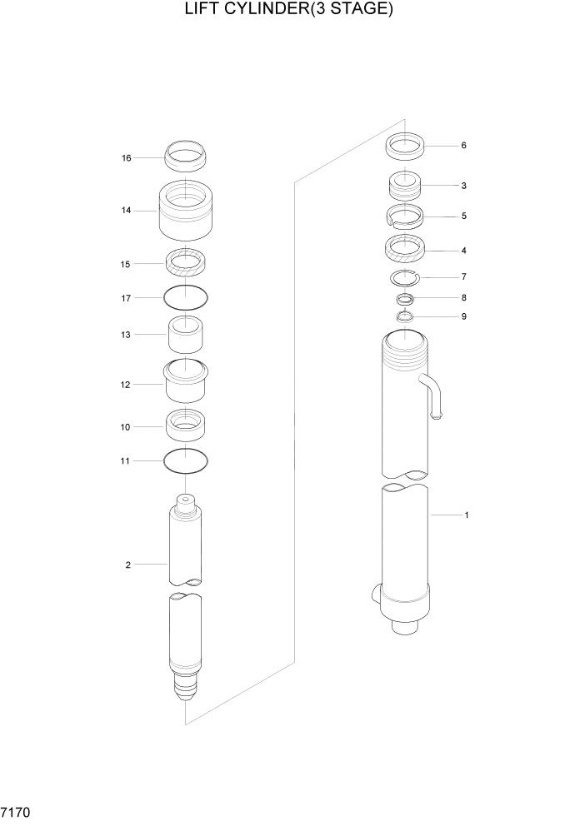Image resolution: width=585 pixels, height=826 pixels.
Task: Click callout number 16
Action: [x=127, y=157]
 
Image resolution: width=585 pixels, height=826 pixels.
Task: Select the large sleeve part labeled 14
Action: [x=186, y=211]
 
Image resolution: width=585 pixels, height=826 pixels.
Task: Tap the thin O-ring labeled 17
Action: [x=186, y=296]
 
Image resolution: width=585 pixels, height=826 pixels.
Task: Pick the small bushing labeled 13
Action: [x=186, y=335]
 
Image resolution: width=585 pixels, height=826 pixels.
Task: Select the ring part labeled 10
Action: [x=186, y=425]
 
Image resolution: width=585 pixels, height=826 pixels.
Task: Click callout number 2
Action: [x=127, y=565]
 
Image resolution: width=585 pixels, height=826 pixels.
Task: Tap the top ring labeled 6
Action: [x=406, y=147]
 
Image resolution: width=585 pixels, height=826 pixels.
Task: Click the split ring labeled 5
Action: [x=406, y=216]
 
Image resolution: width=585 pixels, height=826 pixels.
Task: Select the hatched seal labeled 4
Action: [x=406, y=248]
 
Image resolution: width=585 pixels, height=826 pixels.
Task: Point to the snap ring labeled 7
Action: [x=406, y=277]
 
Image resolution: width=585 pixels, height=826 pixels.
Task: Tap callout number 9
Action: [x=463, y=317]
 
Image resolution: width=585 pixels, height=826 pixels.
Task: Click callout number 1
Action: [x=466, y=515]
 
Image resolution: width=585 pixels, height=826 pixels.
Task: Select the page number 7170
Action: [x=17, y=810]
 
